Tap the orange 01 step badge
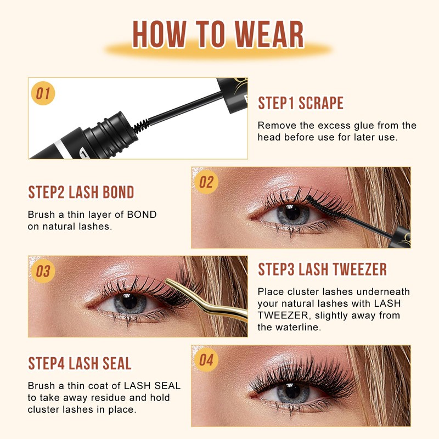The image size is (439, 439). click(x=43, y=94)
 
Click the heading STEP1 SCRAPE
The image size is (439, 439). click(x=301, y=103)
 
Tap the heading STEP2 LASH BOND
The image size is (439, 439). click(x=81, y=193)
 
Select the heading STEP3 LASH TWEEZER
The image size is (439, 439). click(x=322, y=269)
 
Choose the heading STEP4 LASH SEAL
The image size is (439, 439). click(x=80, y=363)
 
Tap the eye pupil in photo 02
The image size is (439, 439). click(x=292, y=213)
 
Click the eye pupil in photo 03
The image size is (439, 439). click(x=129, y=301)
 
